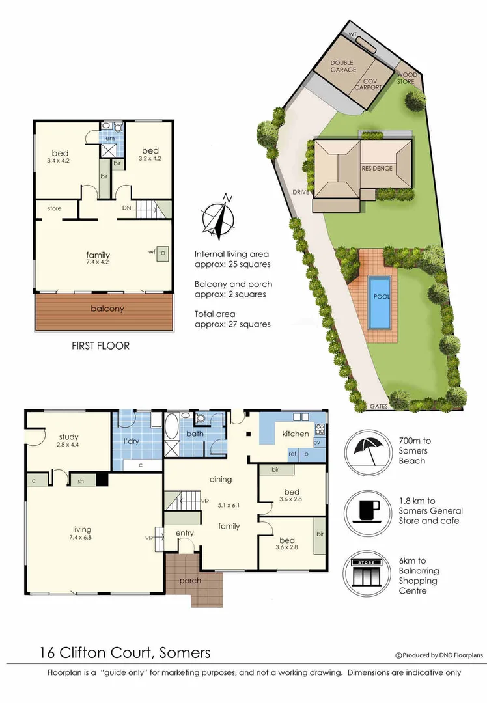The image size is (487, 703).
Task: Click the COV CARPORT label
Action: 369,84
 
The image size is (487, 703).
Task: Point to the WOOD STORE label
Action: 406,78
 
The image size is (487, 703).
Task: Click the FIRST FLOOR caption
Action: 100,346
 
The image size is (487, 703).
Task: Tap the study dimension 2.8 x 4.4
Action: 68,445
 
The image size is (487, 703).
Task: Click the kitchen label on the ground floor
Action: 295,434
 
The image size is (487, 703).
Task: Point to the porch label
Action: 189,580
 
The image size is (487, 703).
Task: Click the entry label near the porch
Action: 185,533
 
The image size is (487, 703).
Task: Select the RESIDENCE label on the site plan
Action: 377,168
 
